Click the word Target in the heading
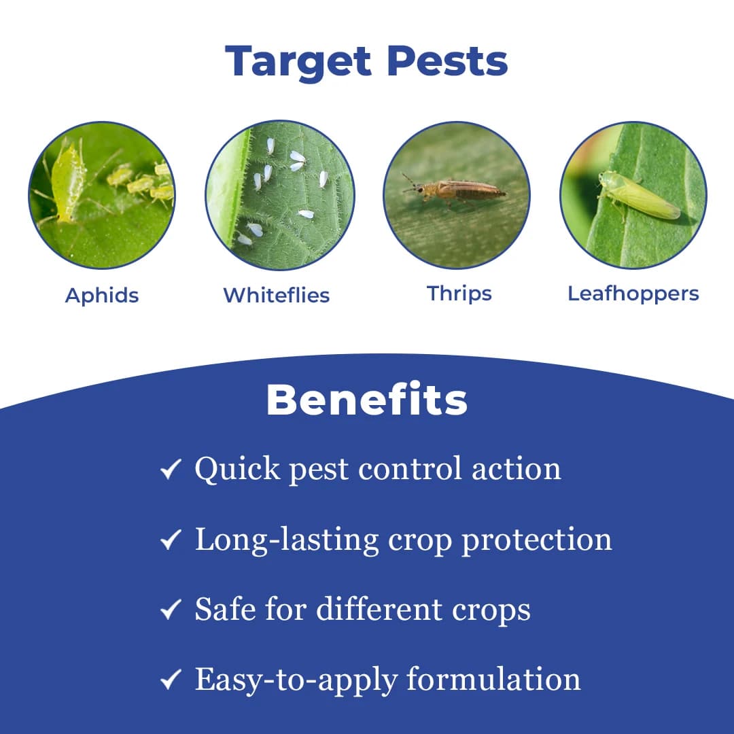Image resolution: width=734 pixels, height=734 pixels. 299,61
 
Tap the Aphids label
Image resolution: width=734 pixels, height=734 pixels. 102,296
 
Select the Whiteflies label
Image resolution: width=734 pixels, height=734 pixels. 277,296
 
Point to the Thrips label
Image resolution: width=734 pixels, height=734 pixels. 459,294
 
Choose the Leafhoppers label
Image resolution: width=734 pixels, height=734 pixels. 633,294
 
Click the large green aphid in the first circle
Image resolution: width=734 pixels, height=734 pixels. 67,181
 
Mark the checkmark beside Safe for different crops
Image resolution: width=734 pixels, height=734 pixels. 171,610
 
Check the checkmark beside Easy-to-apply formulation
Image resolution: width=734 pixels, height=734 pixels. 171,680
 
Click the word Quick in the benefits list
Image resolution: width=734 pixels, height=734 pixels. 237,469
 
